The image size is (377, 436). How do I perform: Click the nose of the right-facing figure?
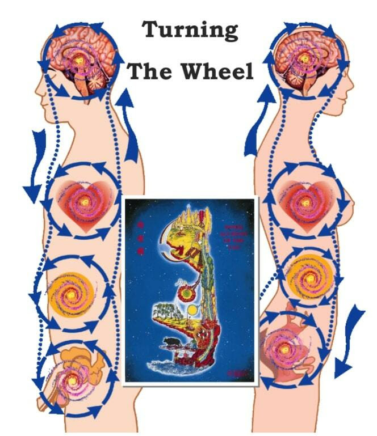[x=351, y=83]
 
